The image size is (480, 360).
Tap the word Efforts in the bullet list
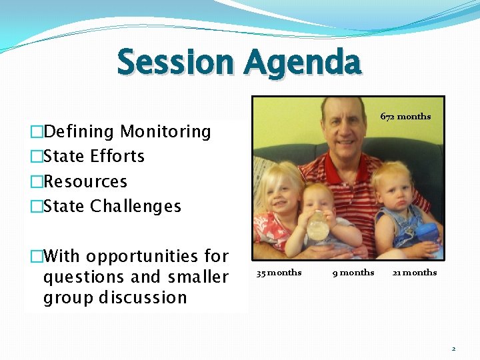[119, 157]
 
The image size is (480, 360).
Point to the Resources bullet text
[85, 181]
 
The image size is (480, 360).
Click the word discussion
[143, 297]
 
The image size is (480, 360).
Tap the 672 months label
[405, 117]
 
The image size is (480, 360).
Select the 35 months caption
[279, 272]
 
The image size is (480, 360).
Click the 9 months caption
[353, 272]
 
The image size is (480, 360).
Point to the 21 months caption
[415, 272]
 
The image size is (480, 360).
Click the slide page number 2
[453, 348]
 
